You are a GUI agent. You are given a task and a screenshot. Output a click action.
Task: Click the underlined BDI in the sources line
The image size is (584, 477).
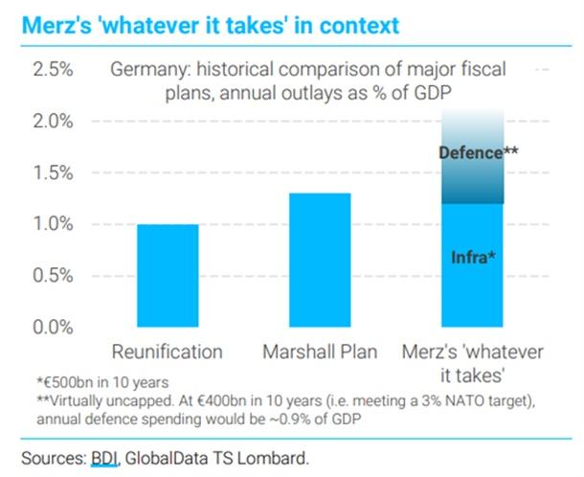pos(104,456)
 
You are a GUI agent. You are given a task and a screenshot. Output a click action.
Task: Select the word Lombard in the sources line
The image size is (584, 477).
pos(282,456)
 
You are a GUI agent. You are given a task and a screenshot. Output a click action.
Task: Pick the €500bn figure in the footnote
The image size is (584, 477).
pos(74,382)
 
